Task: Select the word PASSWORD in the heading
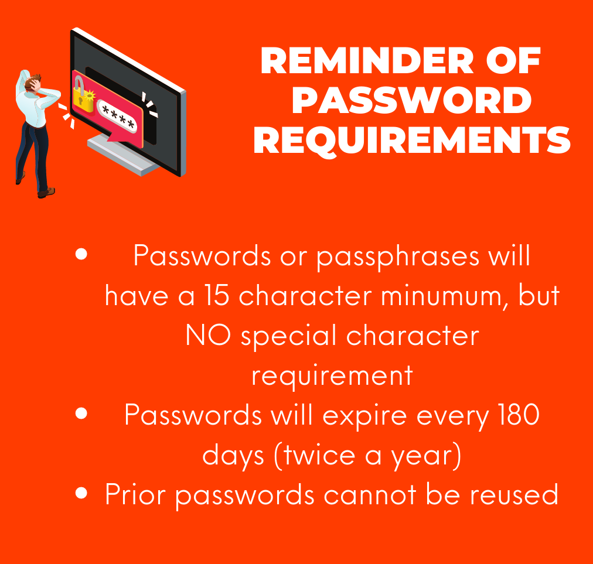(x=412, y=100)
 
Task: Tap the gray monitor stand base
(x=121, y=156)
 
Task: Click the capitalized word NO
(x=208, y=335)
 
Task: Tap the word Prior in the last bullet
(x=135, y=494)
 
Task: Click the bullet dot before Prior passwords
(x=81, y=493)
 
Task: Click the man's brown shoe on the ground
(x=46, y=193)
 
